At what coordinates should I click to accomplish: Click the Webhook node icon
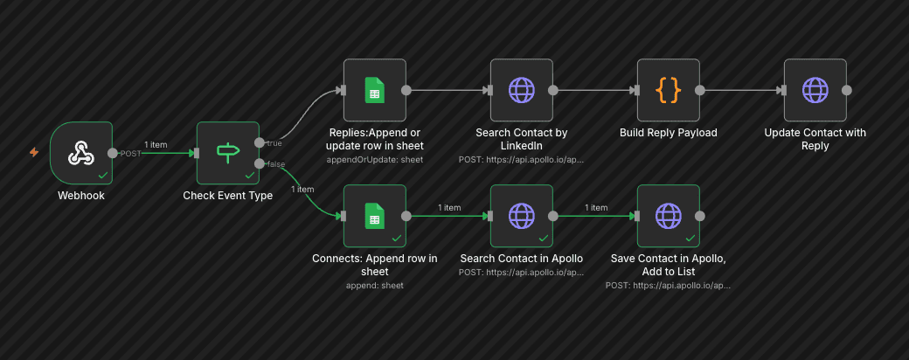tap(81, 153)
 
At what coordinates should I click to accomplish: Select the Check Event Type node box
tap(227, 153)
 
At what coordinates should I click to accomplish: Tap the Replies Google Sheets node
tap(374, 90)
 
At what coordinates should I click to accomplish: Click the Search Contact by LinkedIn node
tap(521, 90)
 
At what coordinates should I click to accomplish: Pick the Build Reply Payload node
tap(668, 90)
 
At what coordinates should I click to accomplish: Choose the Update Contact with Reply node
tap(815, 90)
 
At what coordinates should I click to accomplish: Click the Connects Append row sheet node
tap(374, 216)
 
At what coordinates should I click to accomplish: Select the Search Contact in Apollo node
tap(521, 216)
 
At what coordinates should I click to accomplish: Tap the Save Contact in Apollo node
tap(668, 216)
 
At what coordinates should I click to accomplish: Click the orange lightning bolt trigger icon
tap(34, 152)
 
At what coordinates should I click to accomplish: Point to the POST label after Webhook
tap(130, 154)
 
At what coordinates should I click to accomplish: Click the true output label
tap(274, 142)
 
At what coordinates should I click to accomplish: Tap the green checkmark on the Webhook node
tap(103, 175)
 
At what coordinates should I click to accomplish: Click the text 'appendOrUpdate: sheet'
tap(374, 161)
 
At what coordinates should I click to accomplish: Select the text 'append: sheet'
tap(374, 286)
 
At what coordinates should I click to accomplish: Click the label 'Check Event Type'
tap(227, 196)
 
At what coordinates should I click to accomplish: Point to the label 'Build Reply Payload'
tap(668, 133)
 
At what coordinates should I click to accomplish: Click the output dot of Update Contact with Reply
tap(846, 90)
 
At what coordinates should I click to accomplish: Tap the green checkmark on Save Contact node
tap(690, 238)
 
